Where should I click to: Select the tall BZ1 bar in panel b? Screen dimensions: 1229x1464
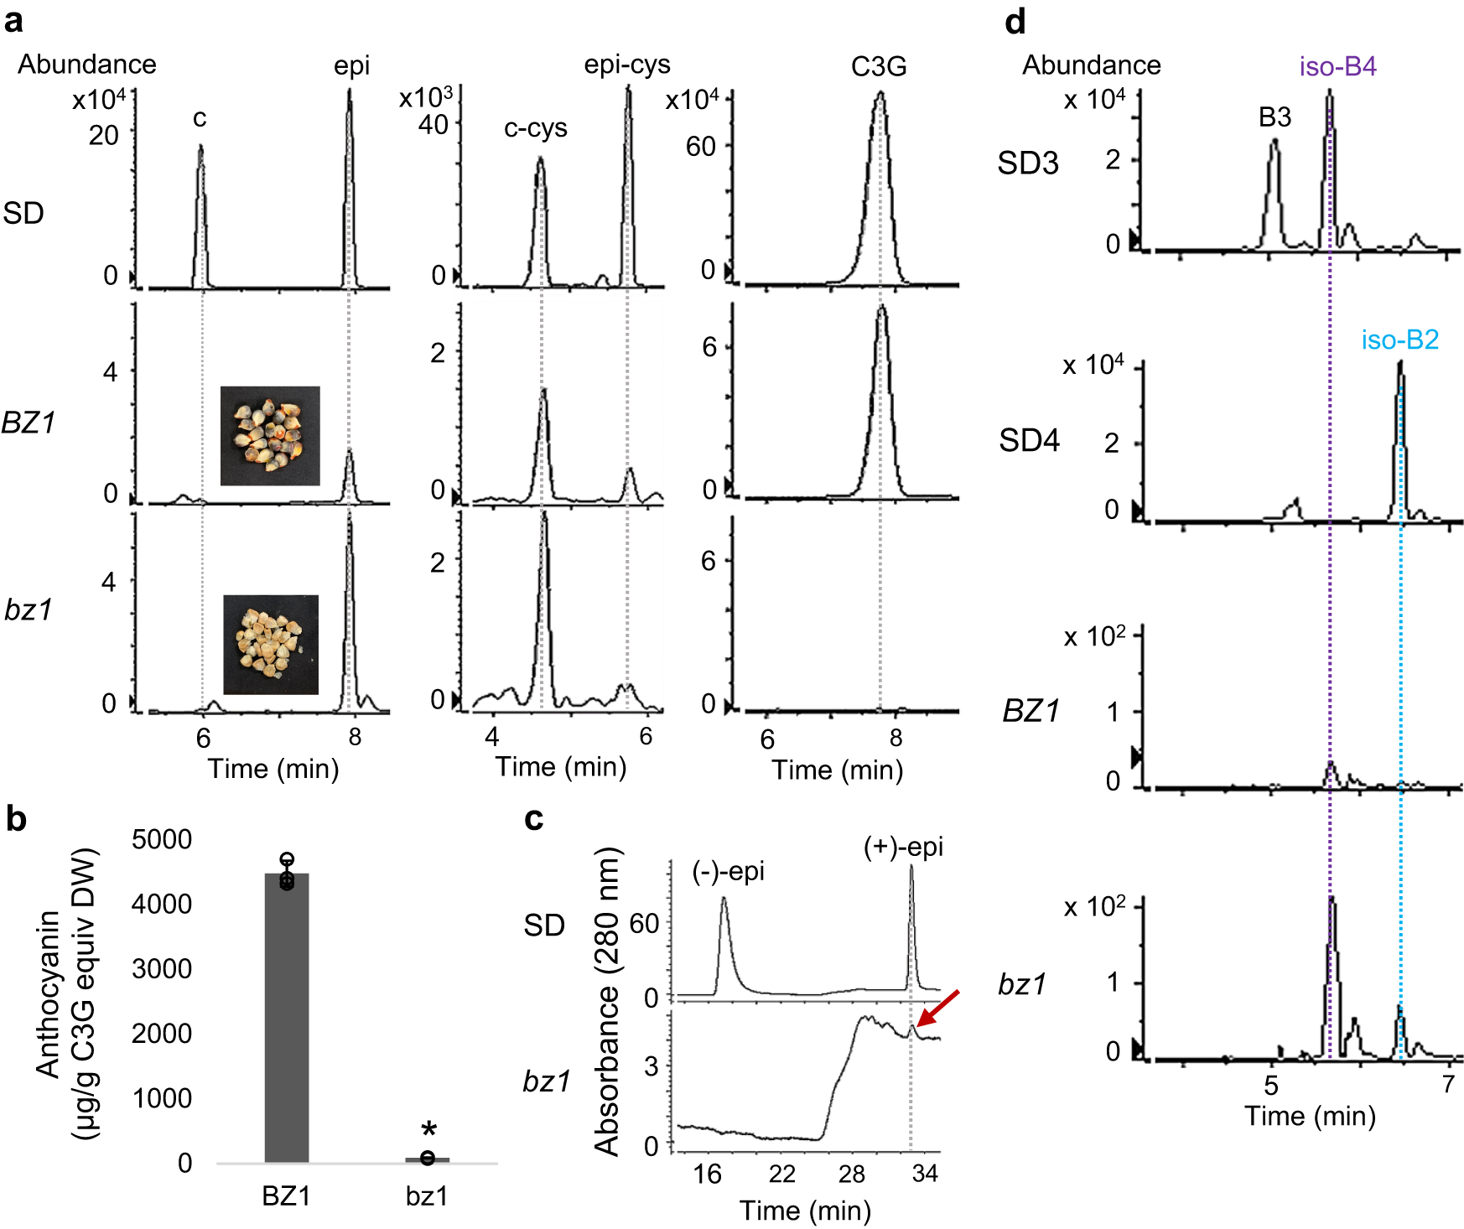click(287, 1018)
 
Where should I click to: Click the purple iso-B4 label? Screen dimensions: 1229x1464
click(1337, 66)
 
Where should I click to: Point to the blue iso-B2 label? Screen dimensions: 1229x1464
click(1399, 340)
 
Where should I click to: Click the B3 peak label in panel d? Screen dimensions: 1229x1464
click(1275, 117)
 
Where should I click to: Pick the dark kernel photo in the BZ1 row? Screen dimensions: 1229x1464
click(270, 436)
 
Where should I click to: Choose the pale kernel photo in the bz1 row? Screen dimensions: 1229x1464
click(271, 645)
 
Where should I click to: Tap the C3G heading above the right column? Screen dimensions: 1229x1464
click(878, 66)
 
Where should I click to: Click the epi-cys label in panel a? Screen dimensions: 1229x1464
click(627, 65)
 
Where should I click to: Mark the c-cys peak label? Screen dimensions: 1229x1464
click(535, 128)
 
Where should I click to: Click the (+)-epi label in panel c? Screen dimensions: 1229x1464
click(903, 847)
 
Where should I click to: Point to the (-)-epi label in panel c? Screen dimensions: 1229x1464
click(728, 872)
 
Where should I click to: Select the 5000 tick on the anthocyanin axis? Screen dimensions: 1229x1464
click(162, 839)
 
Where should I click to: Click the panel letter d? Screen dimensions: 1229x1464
click(1015, 21)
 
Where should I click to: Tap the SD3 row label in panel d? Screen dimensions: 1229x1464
click(1027, 163)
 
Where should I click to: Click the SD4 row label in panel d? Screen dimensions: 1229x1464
click(1029, 440)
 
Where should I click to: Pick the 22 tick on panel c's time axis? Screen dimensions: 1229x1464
click(781, 1174)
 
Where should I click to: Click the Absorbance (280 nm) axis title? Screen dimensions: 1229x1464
click(606, 1002)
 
